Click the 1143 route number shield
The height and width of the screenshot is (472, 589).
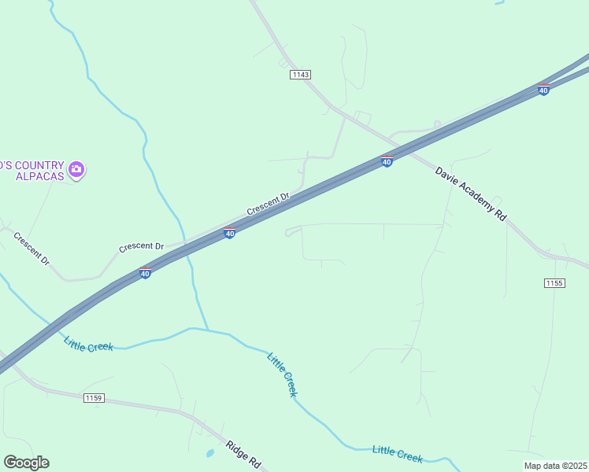pos(300,75)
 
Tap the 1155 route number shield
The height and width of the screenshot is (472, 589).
pos(554,282)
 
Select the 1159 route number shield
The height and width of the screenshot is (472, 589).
pos(94,398)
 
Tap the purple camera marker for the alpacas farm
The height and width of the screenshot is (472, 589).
pos(76,169)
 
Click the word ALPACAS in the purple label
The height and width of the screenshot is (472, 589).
pos(39,175)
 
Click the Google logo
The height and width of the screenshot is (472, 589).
pos(26,463)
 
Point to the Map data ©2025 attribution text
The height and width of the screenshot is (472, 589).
pos(555,466)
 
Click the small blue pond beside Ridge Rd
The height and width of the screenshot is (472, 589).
pos(209,453)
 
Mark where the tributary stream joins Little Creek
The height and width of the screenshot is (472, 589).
pos(208,330)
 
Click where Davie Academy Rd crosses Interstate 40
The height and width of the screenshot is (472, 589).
pos(413,147)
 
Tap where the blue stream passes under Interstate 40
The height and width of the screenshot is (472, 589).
pos(189,252)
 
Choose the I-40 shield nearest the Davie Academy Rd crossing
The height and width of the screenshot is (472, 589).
pos(387,161)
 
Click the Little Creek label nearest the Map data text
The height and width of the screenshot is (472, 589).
pos(398,454)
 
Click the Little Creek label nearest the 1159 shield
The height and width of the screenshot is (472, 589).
pos(89,344)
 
